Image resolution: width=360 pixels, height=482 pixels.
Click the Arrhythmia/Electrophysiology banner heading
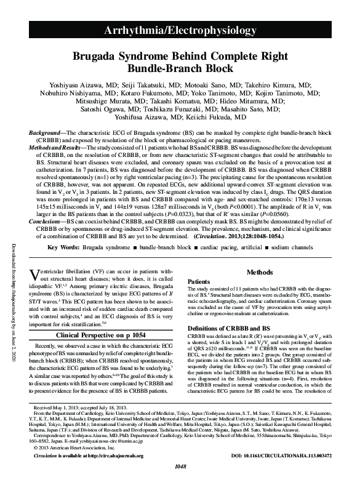point(180,31)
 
